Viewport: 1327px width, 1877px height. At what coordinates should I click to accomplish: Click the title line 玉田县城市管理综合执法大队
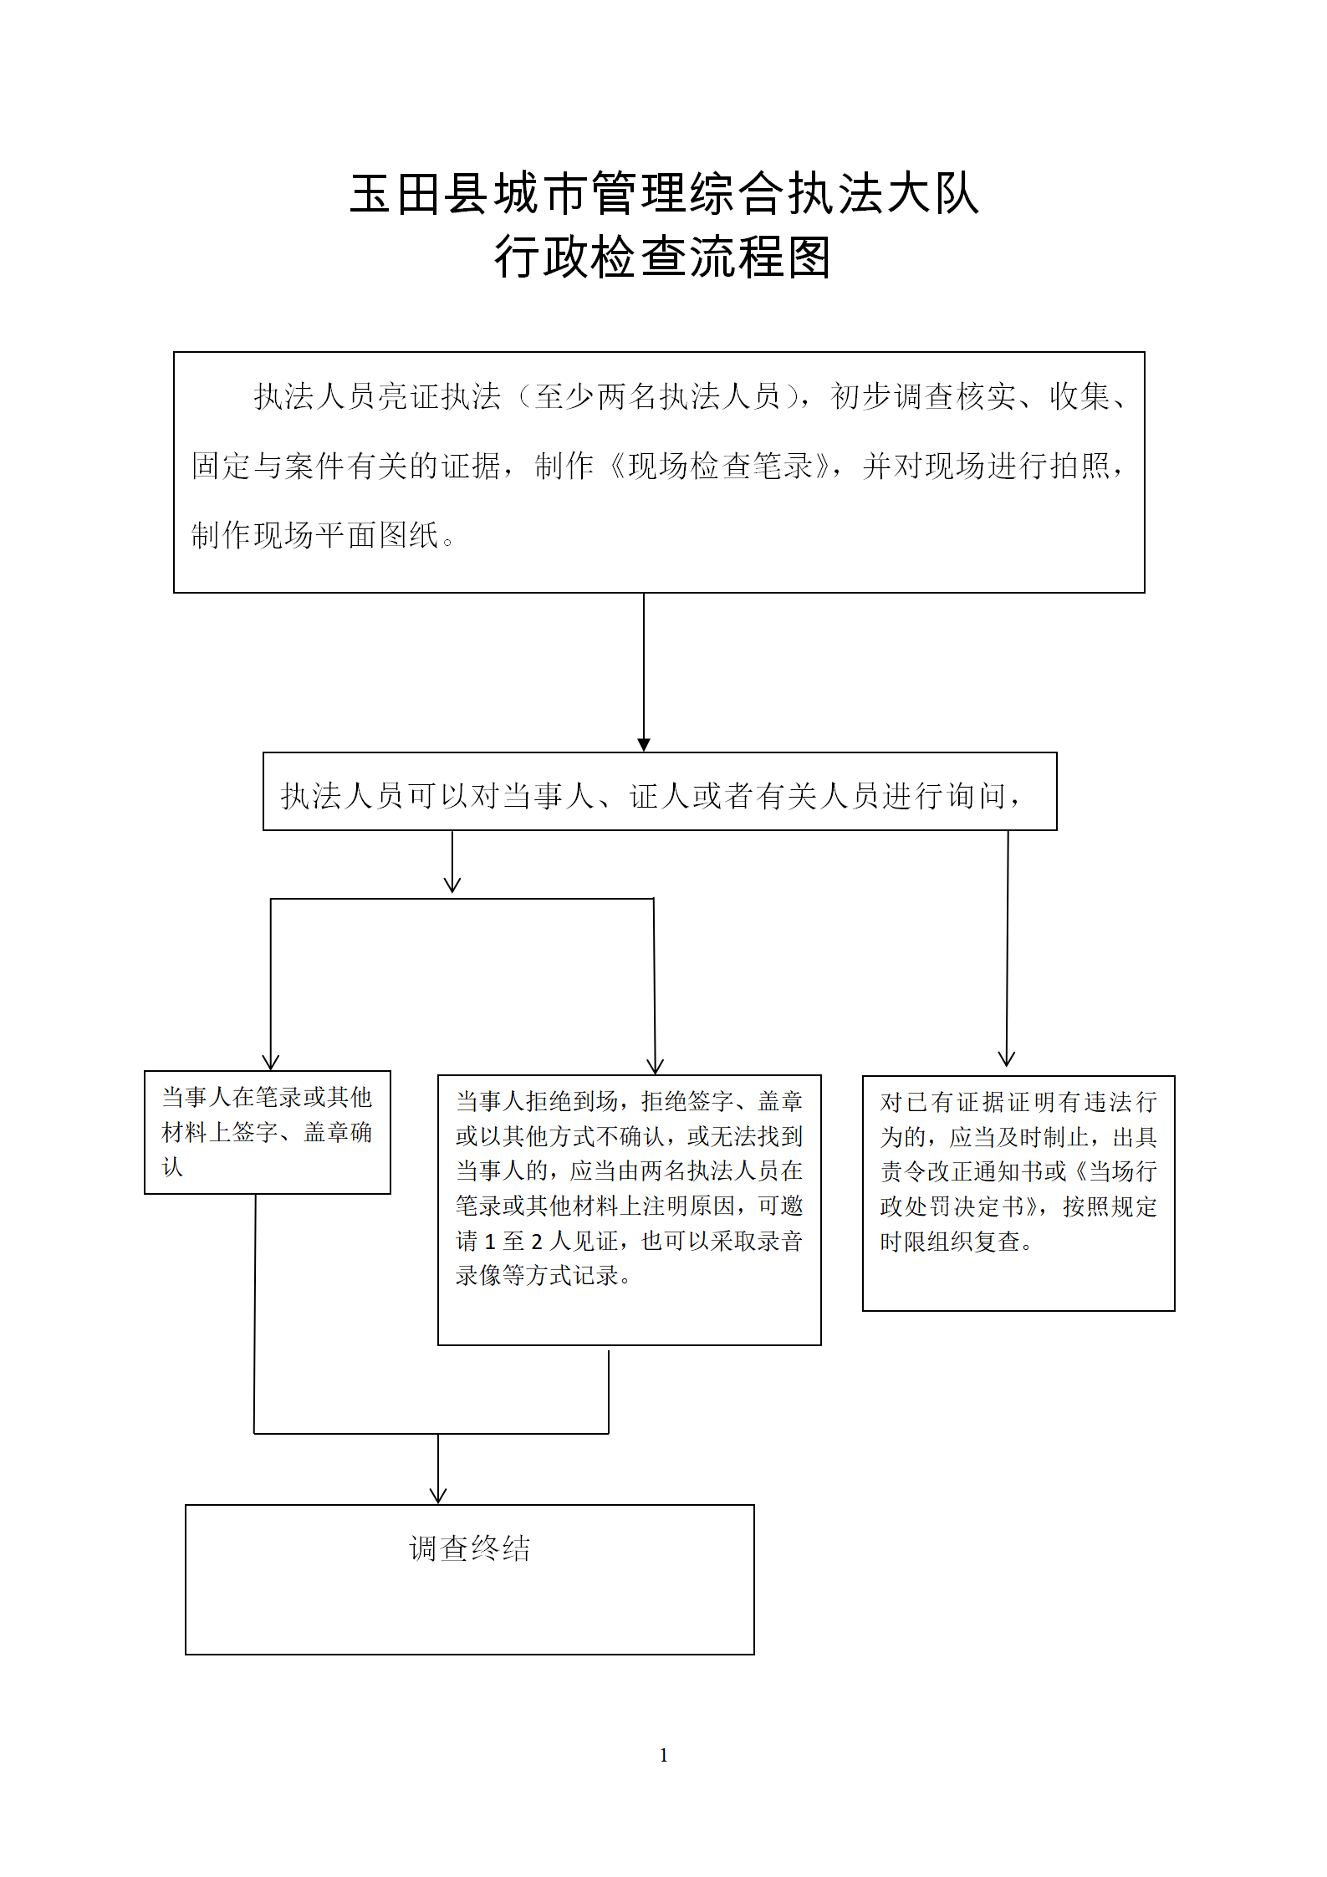click(x=664, y=194)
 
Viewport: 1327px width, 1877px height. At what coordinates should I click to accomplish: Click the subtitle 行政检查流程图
click(x=663, y=257)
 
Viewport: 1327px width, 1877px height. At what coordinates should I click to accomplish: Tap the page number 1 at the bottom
click(x=664, y=1755)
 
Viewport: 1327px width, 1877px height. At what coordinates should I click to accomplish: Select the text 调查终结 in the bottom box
click(x=470, y=1548)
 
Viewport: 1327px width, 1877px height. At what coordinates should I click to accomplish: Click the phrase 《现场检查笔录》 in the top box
click(x=720, y=466)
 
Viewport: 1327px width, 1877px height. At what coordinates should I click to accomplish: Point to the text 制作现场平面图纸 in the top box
click(x=315, y=535)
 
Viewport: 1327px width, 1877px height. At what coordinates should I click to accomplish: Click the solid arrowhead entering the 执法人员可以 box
click(x=644, y=745)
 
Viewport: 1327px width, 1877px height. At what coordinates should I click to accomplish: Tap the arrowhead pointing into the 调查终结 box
click(x=438, y=1496)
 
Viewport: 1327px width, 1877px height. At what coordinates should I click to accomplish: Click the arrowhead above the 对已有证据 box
click(x=1007, y=1058)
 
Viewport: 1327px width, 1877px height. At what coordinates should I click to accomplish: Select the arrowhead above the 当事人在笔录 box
click(x=270, y=1062)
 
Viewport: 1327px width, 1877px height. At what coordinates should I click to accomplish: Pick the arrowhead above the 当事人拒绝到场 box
click(x=656, y=1066)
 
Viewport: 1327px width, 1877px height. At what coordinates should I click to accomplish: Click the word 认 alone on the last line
click(x=172, y=1167)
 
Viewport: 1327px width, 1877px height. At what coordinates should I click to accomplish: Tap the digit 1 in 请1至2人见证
click(x=490, y=1242)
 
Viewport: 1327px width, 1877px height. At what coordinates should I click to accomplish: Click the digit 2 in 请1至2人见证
click(x=537, y=1242)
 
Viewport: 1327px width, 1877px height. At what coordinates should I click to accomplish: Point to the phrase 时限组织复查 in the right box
click(x=950, y=1242)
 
